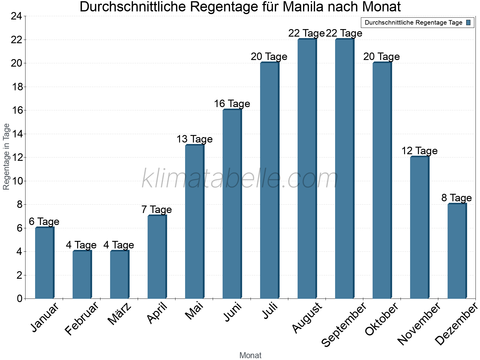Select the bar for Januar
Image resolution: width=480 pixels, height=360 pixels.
tap(44, 263)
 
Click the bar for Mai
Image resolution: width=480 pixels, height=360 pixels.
tap(194, 222)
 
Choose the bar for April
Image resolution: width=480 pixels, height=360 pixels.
tap(157, 257)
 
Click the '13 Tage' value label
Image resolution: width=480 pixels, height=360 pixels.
tap(194, 139)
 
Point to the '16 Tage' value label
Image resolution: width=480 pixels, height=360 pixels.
tap(232, 104)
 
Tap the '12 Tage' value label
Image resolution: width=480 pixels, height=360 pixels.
tap(419, 151)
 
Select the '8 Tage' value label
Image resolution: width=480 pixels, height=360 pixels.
tap(457, 198)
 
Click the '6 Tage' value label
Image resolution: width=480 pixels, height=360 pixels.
tap(44, 222)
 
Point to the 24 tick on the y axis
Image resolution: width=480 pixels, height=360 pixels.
tap(16, 16)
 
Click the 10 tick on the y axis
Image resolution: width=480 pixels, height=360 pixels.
tap(16, 181)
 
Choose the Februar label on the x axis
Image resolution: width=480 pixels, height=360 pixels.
tap(82, 319)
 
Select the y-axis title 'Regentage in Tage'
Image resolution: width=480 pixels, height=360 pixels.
tap(6, 157)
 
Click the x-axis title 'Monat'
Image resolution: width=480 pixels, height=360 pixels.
tap(250, 355)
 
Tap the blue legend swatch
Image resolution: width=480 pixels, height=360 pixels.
tap(468, 22)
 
